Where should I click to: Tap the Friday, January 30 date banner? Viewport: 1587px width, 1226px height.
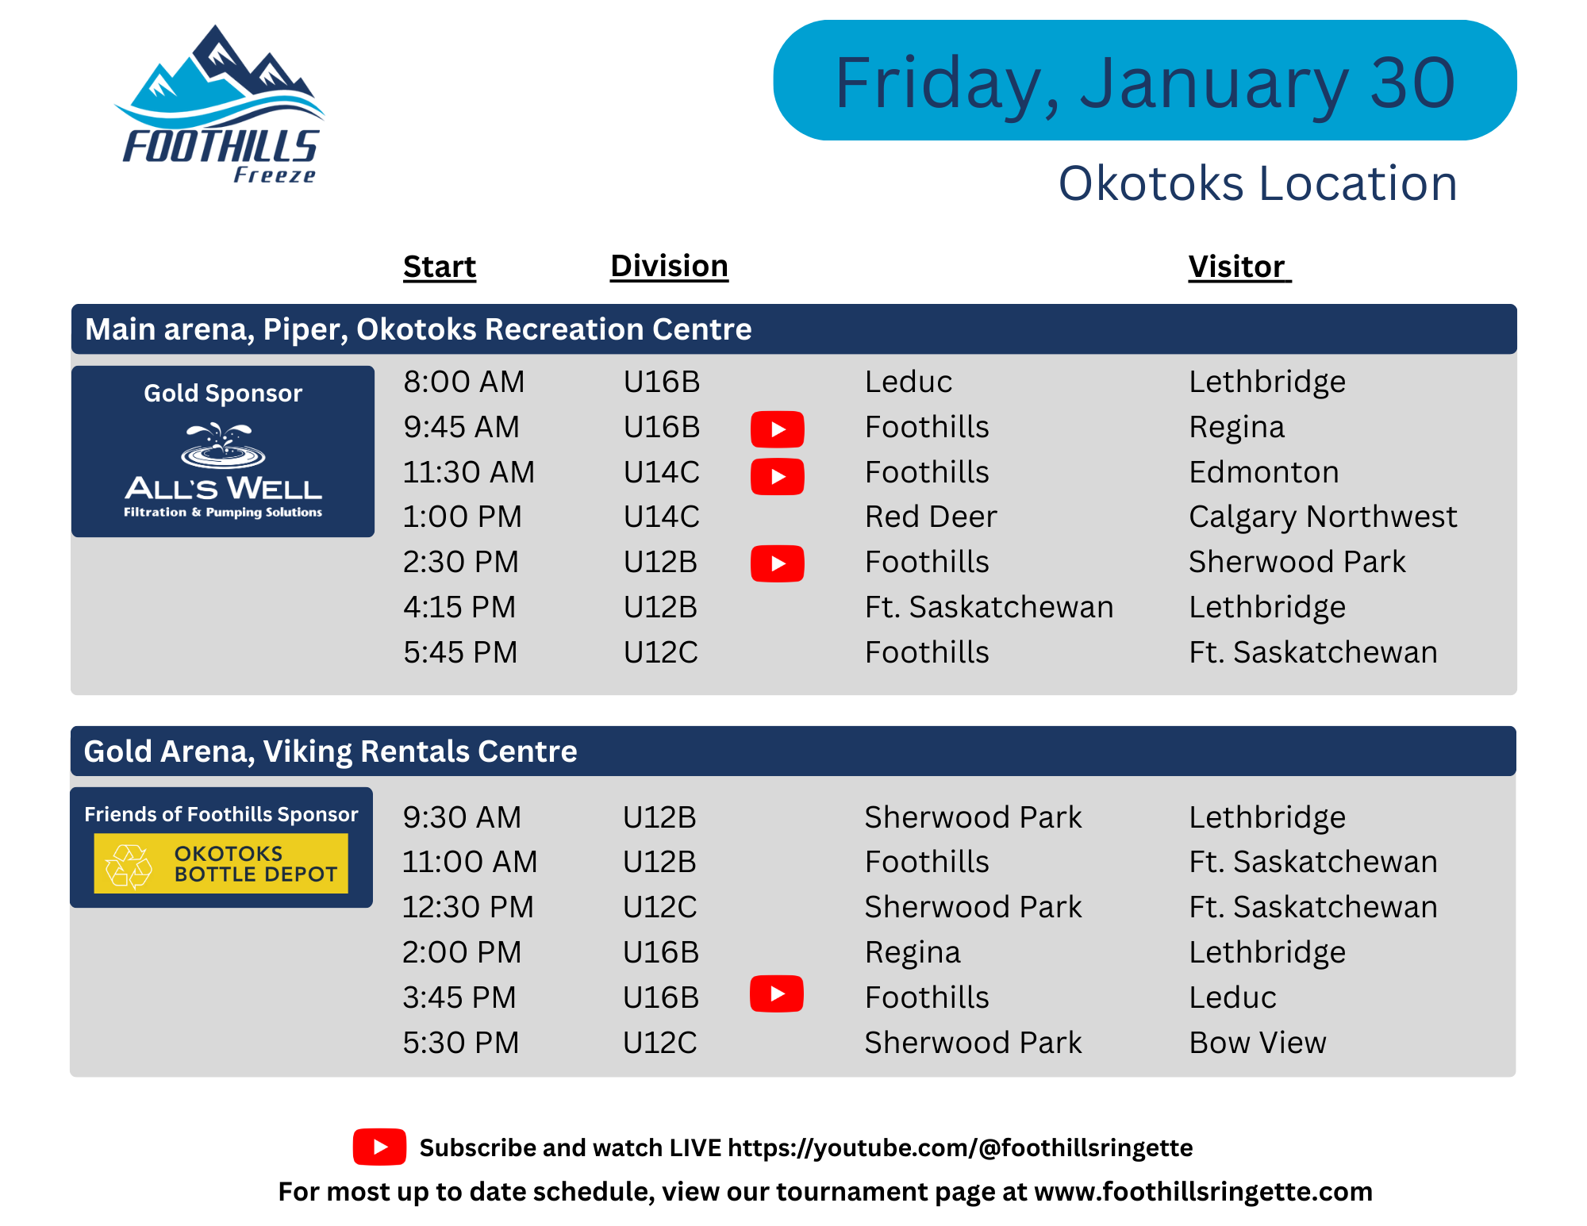tap(1145, 81)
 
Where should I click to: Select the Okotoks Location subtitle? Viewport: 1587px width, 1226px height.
tap(1258, 183)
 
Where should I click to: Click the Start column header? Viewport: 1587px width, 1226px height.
tap(440, 267)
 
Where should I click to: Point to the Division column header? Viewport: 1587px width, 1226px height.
tap(669, 266)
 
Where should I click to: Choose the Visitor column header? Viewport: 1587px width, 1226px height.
tap(1239, 267)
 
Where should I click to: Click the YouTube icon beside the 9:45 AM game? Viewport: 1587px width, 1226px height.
tap(778, 429)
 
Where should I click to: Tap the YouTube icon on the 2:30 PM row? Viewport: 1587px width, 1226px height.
tap(778, 563)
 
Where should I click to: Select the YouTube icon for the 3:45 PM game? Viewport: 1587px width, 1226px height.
tap(777, 993)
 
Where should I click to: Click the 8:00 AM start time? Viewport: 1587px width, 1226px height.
tap(463, 382)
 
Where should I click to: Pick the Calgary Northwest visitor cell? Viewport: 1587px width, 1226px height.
tap(1323, 517)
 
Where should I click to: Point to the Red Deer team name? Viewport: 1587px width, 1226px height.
tap(930, 517)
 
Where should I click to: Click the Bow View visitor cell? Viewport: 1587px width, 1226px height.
tap(1257, 1043)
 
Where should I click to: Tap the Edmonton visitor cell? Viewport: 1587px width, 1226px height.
tap(1263, 472)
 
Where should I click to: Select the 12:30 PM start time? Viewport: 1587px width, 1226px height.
tap(468, 907)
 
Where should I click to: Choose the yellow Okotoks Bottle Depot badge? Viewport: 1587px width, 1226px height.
tap(221, 863)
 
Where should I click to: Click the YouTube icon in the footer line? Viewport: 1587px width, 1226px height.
tap(379, 1147)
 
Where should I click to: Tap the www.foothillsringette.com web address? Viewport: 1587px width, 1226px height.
tap(1203, 1192)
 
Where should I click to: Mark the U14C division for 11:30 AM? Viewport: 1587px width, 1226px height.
tap(661, 472)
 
